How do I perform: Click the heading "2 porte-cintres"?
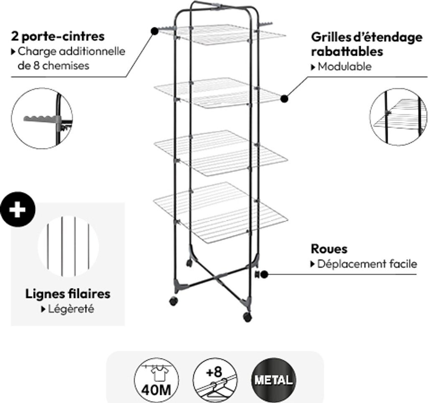tap(58, 36)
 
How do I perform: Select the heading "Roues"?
tap(329, 249)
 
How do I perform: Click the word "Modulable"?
tap(344, 66)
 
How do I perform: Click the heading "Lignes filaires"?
tap(68, 294)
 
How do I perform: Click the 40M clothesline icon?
tap(155, 380)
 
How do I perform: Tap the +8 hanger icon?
tap(214, 380)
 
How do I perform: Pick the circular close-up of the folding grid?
tap(398, 117)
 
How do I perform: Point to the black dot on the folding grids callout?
tap(284, 99)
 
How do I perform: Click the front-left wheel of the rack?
tap(172, 301)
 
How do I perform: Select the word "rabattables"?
tap(347, 52)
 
